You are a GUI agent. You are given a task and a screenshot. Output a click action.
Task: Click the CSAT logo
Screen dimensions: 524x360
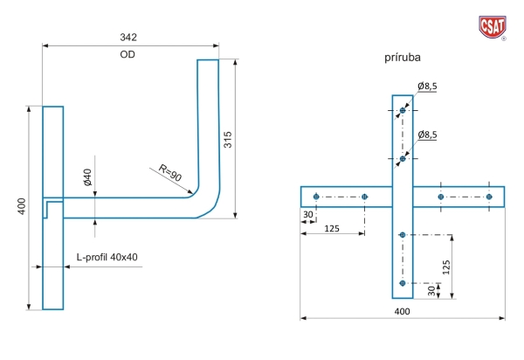pyautogui.click(x=493, y=27)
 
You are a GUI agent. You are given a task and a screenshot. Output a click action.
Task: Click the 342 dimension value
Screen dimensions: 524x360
pyautogui.click(x=128, y=37)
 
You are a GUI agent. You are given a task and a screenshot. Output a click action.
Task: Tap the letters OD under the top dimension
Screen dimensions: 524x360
pyautogui.click(x=128, y=54)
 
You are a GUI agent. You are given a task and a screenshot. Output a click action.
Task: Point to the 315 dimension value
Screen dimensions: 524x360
pyautogui.click(x=228, y=140)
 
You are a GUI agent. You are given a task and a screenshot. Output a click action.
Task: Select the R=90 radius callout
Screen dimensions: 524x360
pyautogui.click(x=170, y=173)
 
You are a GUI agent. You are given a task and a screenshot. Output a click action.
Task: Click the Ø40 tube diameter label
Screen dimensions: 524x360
pyautogui.click(x=87, y=177)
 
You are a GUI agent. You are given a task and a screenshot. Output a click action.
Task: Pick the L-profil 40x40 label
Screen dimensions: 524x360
pyautogui.click(x=107, y=257)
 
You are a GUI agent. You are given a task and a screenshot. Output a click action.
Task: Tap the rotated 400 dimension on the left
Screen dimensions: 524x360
pyautogui.click(x=21, y=206)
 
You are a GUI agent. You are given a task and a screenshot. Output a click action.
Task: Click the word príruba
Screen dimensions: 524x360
pyautogui.click(x=403, y=58)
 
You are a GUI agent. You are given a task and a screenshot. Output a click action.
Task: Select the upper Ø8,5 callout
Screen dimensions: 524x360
pyautogui.click(x=427, y=87)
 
